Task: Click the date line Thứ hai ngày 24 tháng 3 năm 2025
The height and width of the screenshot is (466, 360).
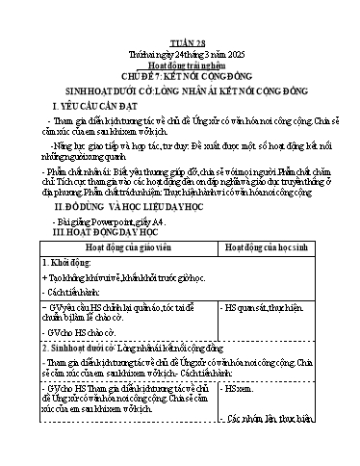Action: click(x=180, y=29)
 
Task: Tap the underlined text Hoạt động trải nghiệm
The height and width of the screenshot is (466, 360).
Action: click(x=180, y=40)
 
